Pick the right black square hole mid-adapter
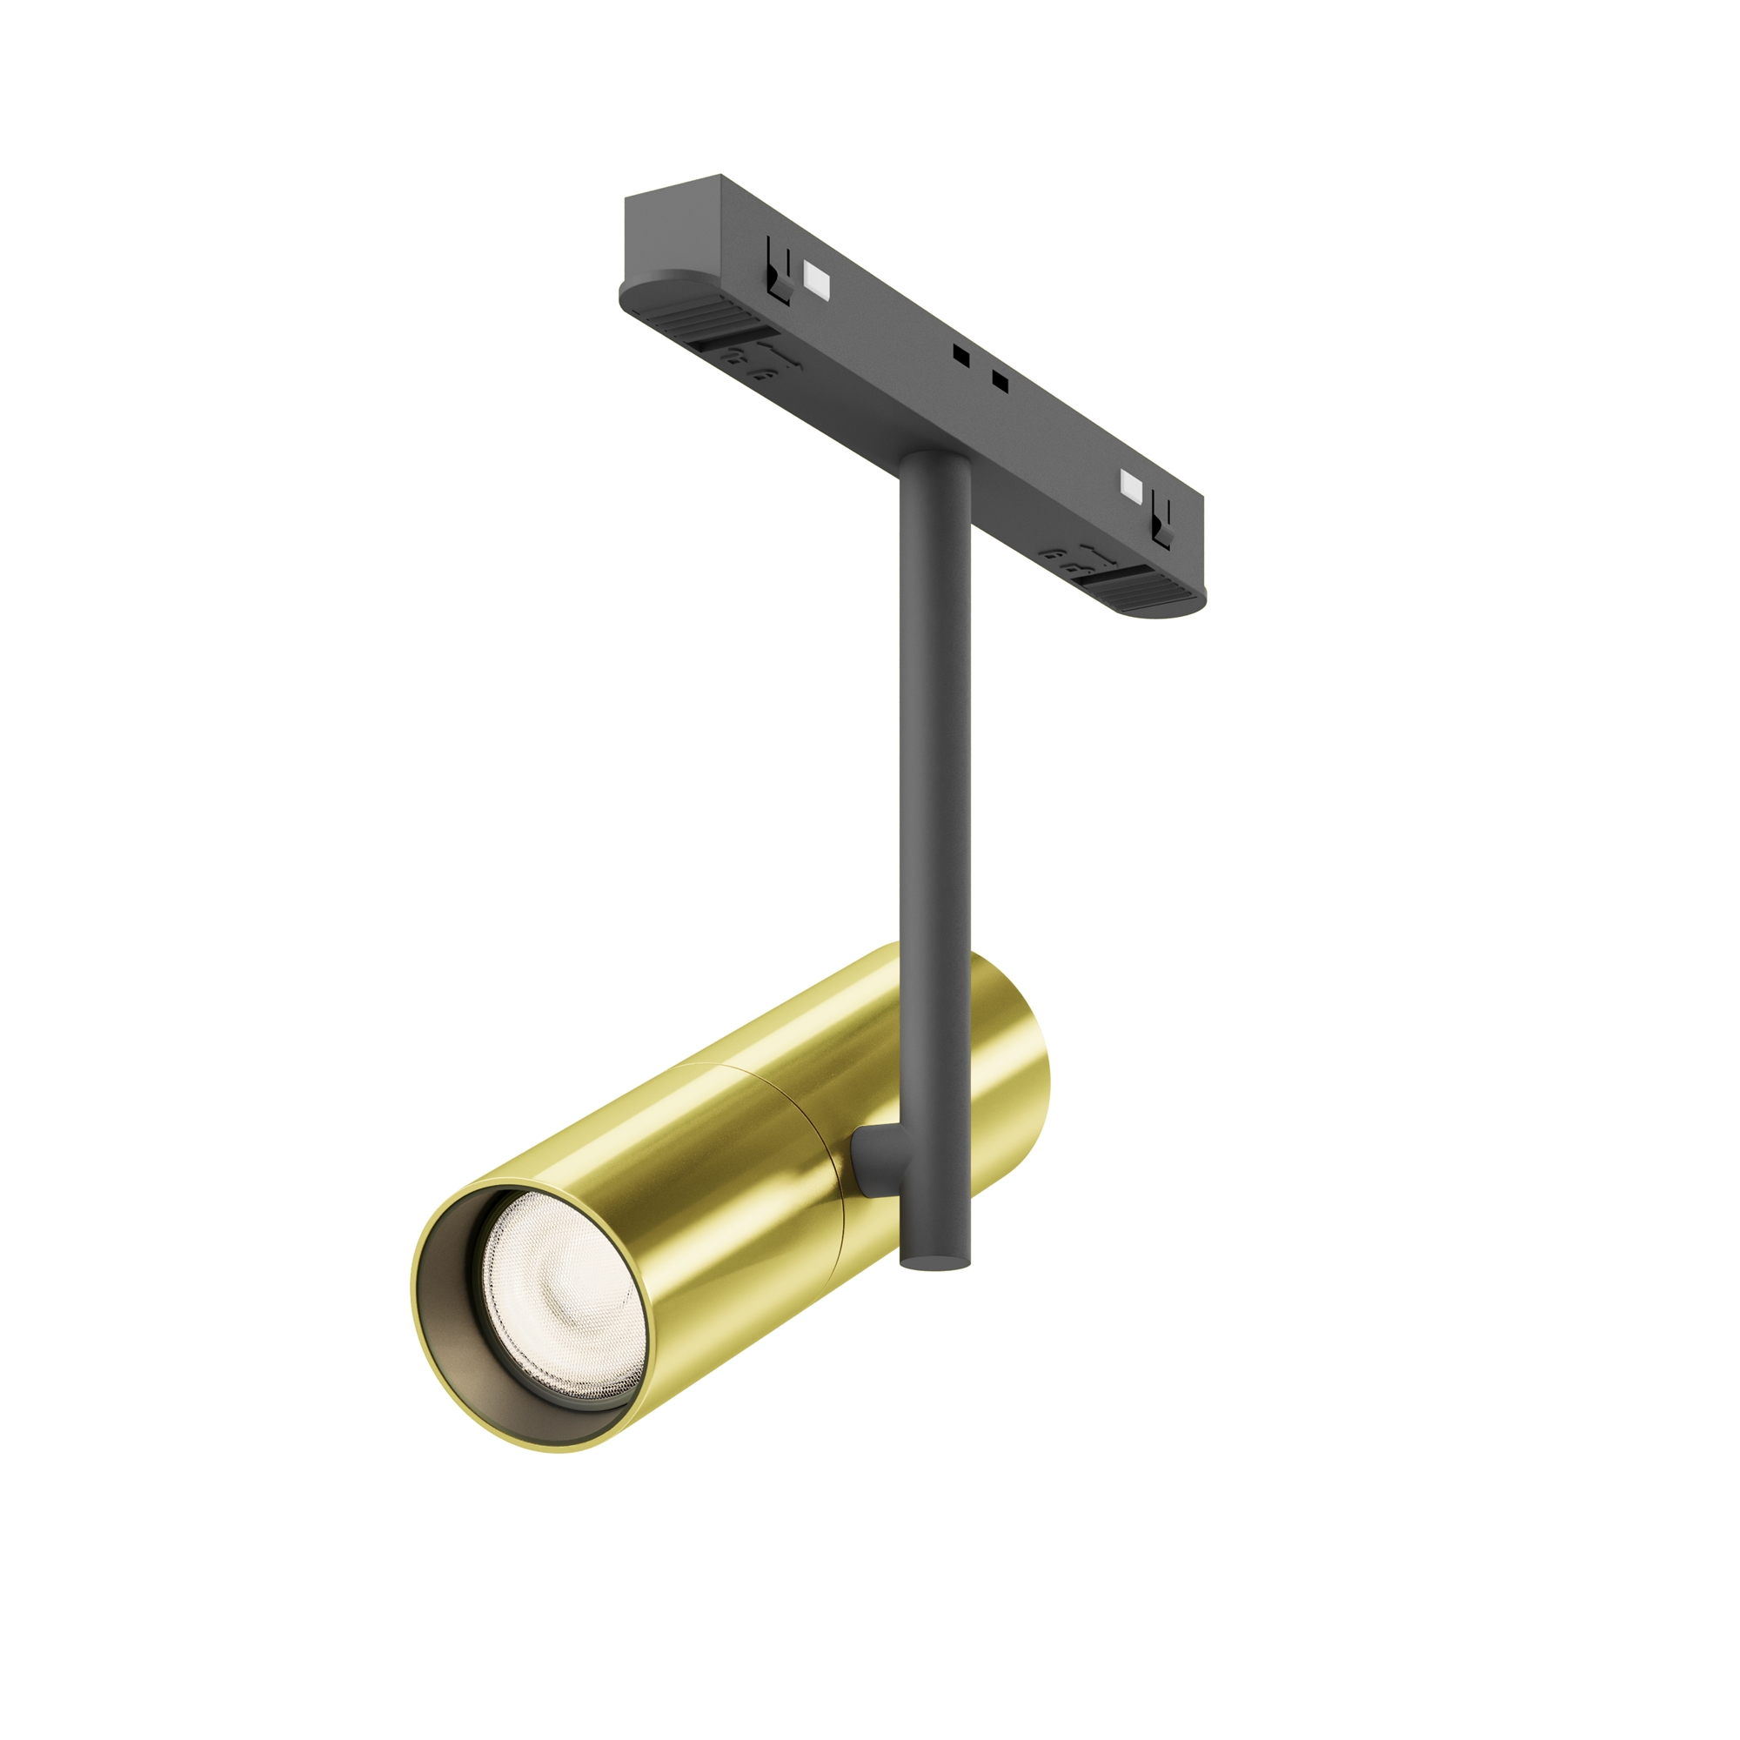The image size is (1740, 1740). (999, 380)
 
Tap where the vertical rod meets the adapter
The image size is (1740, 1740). (935, 465)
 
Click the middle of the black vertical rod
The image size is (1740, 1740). (935, 811)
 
